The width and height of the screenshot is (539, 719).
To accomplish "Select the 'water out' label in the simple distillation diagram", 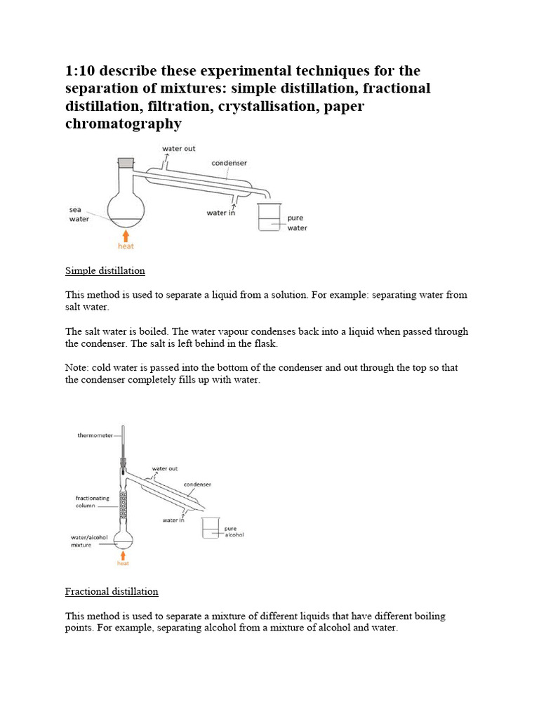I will pos(179,148).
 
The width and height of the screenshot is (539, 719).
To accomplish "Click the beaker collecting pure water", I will pos(269,218).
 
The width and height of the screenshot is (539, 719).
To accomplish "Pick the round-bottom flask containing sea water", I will pos(126,207).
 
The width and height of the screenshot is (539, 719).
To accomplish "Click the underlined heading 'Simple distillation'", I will pos(105,270).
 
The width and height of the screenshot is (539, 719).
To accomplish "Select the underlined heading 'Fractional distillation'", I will pos(112,591).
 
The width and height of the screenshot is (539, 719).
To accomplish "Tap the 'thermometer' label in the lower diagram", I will pos(94,435).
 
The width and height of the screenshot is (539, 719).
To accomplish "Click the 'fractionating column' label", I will pos(92,501).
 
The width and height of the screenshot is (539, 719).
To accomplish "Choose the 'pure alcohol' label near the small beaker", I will pos(234,532).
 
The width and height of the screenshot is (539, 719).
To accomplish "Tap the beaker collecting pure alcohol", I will pos(211,528).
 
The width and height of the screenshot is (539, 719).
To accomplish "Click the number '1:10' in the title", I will pos(80,71).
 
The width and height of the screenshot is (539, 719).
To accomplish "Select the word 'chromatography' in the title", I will pos(124,124).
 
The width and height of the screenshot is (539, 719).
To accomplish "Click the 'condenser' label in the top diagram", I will pos(229,163).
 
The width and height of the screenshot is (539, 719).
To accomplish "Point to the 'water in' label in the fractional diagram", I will pos(173,520).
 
